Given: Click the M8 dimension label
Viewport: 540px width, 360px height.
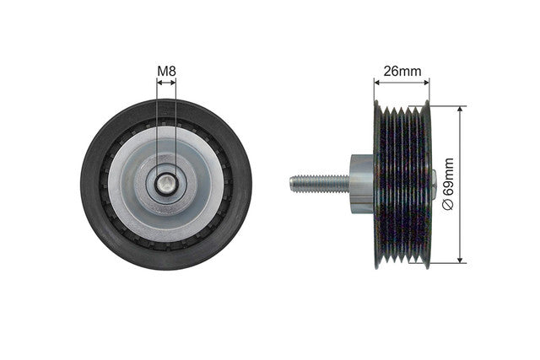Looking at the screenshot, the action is (x=167, y=72).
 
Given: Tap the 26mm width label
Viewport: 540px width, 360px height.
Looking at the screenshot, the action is (x=402, y=72).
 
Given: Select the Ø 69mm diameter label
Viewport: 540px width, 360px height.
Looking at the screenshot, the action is (x=448, y=184).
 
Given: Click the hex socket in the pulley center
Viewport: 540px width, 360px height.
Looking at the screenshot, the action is (x=167, y=184).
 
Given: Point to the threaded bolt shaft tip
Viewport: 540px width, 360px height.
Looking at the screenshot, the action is (x=292, y=184).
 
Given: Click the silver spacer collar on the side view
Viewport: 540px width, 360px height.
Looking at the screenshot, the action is (x=362, y=184).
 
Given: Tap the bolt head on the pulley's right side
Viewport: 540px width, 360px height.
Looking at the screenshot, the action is (x=434, y=182).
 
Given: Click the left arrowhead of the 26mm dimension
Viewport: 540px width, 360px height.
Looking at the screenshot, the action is (x=377, y=83).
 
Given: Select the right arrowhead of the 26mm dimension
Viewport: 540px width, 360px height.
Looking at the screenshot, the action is (x=427, y=83).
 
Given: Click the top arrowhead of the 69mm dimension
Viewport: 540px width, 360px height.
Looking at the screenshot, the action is (x=460, y=109).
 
